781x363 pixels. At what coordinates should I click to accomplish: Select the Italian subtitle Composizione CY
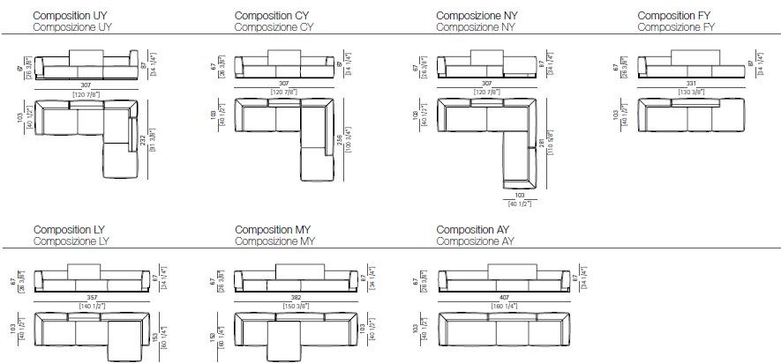(274, 27)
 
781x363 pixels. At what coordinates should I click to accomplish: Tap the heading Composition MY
(274, 229)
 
